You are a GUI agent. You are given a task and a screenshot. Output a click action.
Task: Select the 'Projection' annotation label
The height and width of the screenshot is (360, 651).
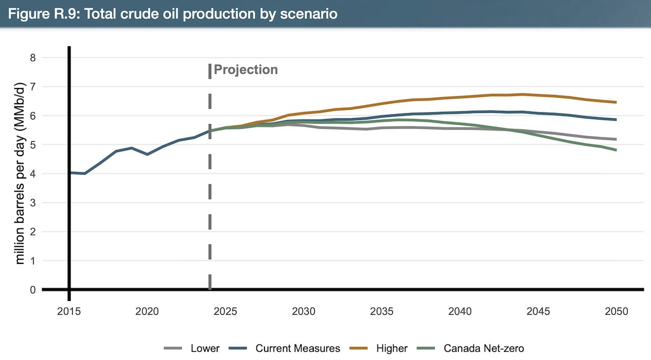tap(246, 70)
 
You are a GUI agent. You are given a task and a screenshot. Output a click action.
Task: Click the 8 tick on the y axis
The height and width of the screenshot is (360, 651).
tap(33, 58)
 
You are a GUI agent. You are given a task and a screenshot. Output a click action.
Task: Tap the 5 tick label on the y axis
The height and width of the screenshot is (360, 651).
tap(33, 145)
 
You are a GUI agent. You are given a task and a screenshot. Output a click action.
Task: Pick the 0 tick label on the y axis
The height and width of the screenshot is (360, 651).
tap(33, 290)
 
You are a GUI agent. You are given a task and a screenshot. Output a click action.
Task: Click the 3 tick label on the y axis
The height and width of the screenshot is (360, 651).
tap(33, 203)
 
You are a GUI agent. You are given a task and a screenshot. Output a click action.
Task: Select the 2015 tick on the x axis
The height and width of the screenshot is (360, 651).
tap(69, 311)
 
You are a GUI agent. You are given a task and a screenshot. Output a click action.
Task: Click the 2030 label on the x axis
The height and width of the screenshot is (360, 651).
tap(304, 311)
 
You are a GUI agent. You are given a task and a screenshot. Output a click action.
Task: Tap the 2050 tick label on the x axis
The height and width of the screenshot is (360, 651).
tap(616, 311)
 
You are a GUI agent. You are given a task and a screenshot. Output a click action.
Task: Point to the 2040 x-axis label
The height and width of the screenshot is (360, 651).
tap(460, 311)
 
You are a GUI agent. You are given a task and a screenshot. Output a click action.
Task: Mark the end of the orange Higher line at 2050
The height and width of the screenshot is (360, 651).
tap(616, 102)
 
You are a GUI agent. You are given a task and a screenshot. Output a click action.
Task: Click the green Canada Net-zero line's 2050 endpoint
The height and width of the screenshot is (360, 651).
tap(616, 150)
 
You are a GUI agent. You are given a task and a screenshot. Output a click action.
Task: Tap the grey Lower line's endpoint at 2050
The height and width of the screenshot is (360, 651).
tap(616, 139)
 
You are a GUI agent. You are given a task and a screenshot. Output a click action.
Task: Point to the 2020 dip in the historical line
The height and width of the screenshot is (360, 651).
tap(147, 154)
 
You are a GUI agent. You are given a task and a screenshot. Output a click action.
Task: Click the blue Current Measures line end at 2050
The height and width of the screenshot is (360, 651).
tap(616, 119)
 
